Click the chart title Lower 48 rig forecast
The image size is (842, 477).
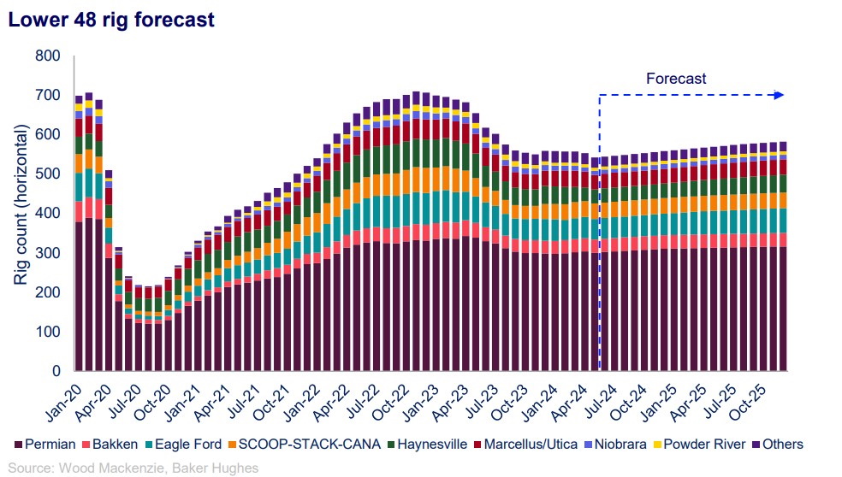click(111, 19)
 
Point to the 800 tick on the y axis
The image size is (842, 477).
click(49, 56)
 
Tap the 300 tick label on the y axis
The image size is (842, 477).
click(49, 253)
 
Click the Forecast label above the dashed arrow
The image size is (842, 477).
click(676, 79)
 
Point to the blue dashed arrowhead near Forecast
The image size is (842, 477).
click(779, 95)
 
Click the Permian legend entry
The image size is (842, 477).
click(44, 444)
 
